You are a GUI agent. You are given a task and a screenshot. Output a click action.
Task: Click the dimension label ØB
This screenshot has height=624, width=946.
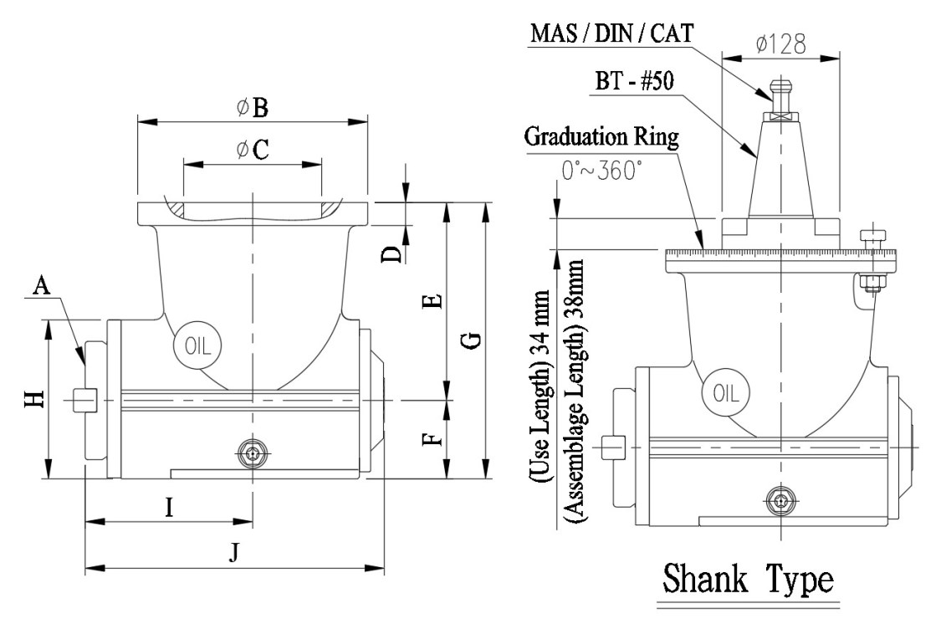pyautogui.click(x=253, y=108)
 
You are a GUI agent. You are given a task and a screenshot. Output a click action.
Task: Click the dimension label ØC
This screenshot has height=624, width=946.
pyautogui.click(x=253, y=150)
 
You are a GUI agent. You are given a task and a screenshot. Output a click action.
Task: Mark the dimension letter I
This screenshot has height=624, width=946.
pyautogui.click(x=169, y=508)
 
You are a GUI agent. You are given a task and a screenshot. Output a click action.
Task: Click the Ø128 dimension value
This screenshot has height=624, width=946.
pyautogui.click(x=780, y=45)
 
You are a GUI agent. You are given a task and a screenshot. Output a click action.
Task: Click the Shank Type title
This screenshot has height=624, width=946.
pyautogui.click(x=749, y=578)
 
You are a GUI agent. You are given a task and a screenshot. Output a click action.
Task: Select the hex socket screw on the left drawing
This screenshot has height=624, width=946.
pyautogui.click(x=253, y=454)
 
